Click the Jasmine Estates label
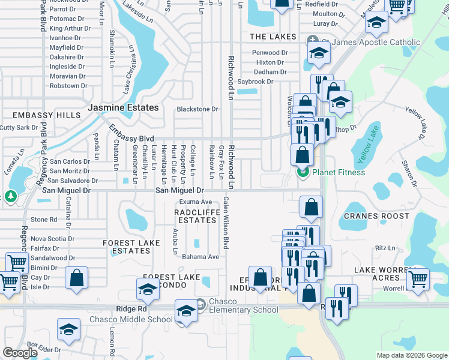[x=124, y=108]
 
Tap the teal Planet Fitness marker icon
[x=303, y=173]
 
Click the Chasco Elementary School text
[x=244, y=310]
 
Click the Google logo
[x=20, y=353]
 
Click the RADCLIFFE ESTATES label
[x=195, y=216]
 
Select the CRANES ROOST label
[x=376, y=216]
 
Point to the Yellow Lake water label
[x=370, y=145]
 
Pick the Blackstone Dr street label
[x=197, y=109]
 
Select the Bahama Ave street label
[x=201, y=257]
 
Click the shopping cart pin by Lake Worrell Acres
[x=418, y=278]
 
